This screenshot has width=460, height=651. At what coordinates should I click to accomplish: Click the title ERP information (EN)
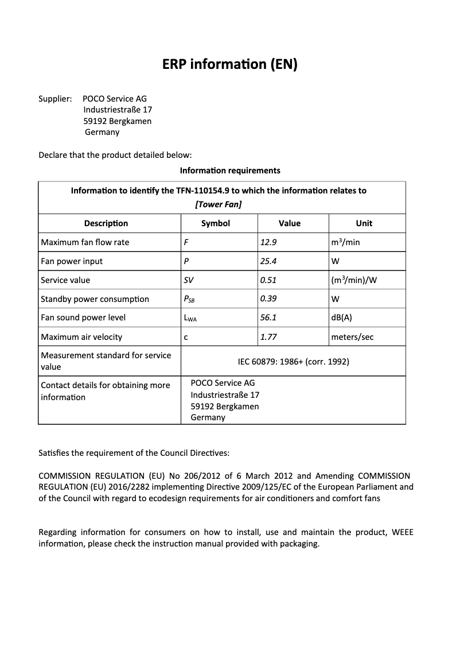click(x=230, y=64)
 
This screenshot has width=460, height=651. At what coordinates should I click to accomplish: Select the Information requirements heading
click(x=230, y=170)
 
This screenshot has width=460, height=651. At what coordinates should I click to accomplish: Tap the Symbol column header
click(x=216, y=223)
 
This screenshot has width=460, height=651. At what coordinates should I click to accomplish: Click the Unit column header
click(x=364, y=223)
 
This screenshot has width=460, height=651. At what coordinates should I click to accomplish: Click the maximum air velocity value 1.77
click(x=268, y=337)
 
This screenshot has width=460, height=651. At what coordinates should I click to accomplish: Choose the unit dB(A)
click(x=341, y=317)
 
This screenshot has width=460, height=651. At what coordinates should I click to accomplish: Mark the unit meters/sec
click(x=352, y=337)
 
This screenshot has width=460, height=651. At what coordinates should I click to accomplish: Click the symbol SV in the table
click(x=189, y=280)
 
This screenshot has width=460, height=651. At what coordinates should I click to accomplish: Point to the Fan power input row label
click(x=72, y=261)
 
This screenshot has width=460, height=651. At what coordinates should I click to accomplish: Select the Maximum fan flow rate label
click(x=85, y=242)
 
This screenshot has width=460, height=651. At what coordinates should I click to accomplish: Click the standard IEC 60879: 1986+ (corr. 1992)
click(x=293, y=362)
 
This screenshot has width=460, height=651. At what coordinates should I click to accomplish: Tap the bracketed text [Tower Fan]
click(x=218, y=204)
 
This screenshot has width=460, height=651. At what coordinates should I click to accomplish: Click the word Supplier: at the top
click(x=55, y=99)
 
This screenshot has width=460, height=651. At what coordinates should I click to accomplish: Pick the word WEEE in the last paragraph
click(x=402, y=532)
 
